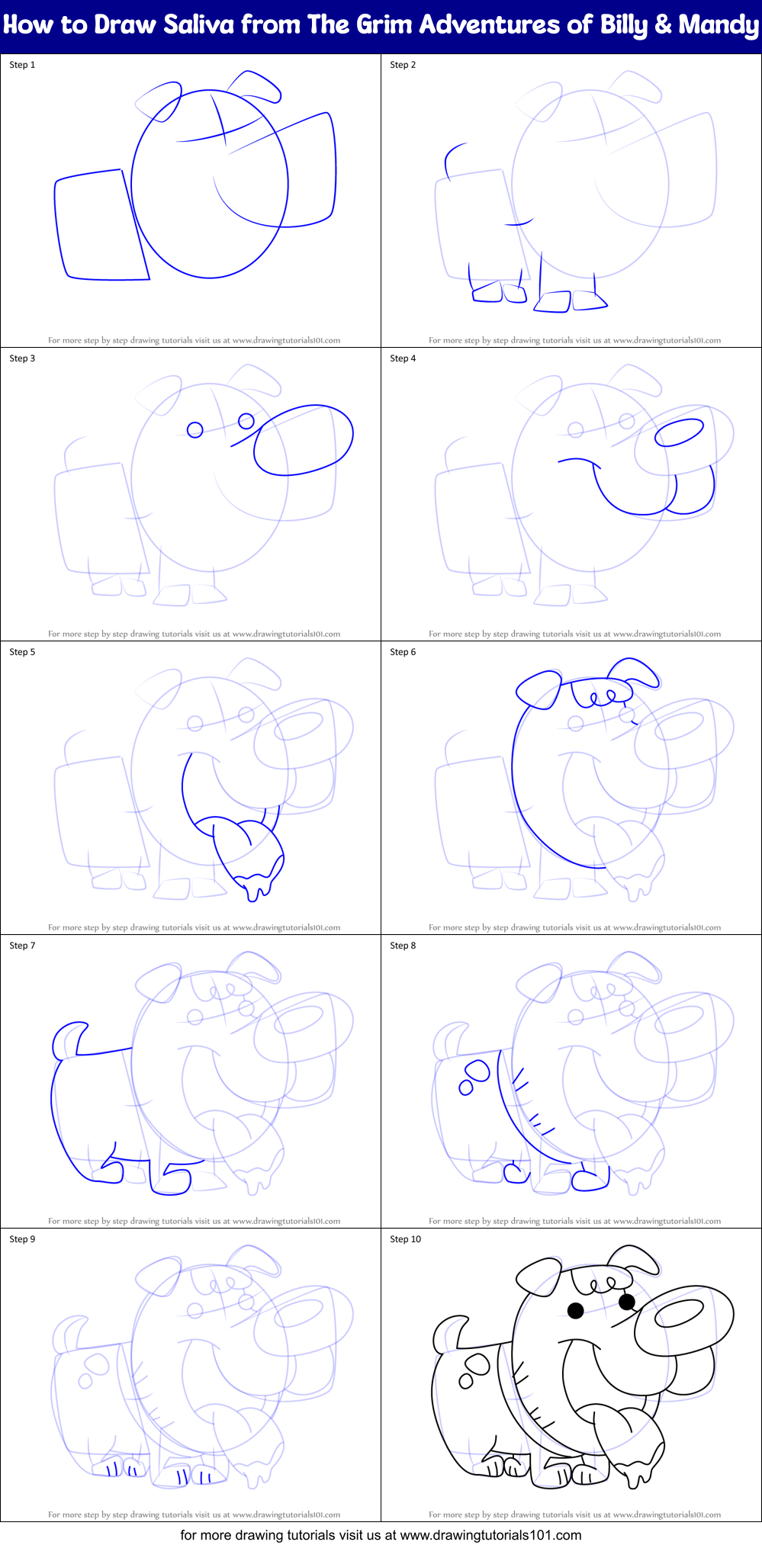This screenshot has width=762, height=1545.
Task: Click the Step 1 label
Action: [x=22, y=65]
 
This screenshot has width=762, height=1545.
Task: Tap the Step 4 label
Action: [x=403, y=358]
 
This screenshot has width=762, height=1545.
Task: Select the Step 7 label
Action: [x=22, y=946]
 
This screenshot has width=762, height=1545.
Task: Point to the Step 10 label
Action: [x=405, y=1239]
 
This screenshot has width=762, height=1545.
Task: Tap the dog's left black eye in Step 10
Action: [x=576, y=1310]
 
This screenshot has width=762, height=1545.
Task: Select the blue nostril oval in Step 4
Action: [x=679, y=432]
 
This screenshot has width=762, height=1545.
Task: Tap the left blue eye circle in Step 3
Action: [x=195, y=429]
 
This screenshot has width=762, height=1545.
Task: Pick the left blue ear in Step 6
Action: [x=539, y=689]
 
